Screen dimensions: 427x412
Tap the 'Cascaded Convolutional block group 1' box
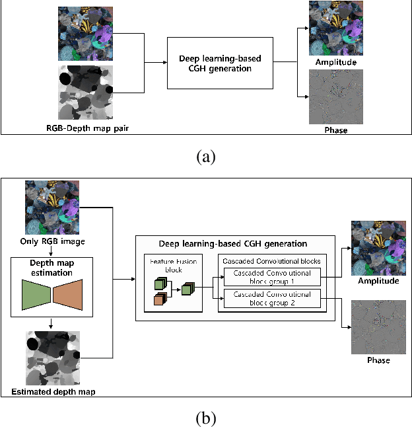pyautogui.click(x=273, y=276)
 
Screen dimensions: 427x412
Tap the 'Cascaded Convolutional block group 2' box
pyautogui.click(x=273, y=298)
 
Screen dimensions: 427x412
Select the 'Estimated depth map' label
pyautogui.click(x=52, y=392)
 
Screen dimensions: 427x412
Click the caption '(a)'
pyautogui.click(x=205, y=157)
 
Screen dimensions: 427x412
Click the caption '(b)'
pyautogui.click(x=205, y=417)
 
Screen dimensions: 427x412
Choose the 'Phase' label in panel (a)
pyautogui.click(x=336, y=130)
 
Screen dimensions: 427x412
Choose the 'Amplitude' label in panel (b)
pyautogui.click(x=378, y=281)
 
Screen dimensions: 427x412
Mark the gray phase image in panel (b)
pyautogui.click(x=378, y=327)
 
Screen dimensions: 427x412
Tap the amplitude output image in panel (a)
pyautogui.click(x=336, y=29)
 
